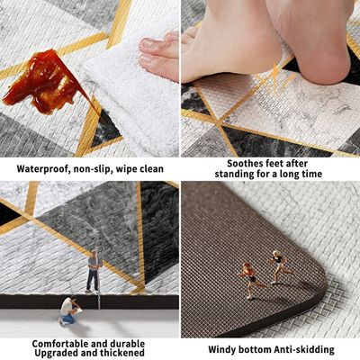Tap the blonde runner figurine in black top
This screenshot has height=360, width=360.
tap(279, 266)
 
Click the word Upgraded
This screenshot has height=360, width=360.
tap(60, 355)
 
